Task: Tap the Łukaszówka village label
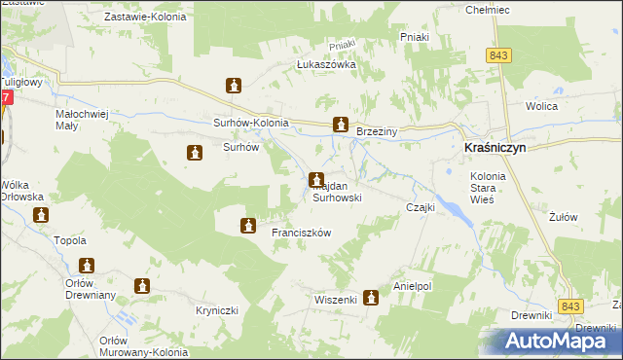click(326, 65)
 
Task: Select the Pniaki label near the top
click(416, 36)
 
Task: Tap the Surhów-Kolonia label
click(251, 123)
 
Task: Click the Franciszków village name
click(303, 233)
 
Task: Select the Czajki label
click(420, 207)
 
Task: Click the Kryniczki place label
click(216, 309)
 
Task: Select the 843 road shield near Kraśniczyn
click(499, 57)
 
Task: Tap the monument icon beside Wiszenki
click(370, 299)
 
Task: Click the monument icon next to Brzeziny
click(340, 125)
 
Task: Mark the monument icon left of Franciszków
click(248, 226)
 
